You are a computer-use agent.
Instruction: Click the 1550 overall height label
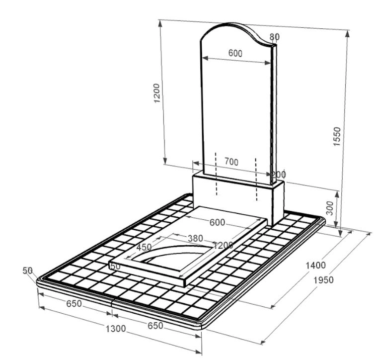(337, 136)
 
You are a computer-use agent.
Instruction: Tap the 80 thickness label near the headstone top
(274, 37)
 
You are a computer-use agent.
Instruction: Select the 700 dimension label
(231, 162)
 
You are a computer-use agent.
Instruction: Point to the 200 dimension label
(279, 174)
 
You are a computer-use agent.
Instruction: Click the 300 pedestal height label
(330, 208)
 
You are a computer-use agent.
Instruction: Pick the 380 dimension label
(195, 238)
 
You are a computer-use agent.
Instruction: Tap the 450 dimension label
(144, 247)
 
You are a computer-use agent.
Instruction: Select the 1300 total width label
(116, 329)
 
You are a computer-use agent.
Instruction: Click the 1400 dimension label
(315, 265)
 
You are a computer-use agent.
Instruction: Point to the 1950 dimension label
(323, 280)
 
